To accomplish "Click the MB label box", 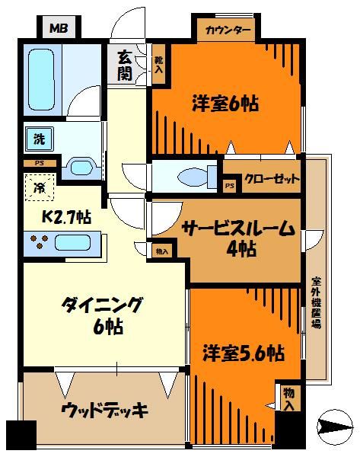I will click(58, 29).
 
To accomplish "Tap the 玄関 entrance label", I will click(123, 66).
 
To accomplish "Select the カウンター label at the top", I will click(228, 31).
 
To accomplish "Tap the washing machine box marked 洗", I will click(37, 139).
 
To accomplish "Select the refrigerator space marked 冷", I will click(38, 186).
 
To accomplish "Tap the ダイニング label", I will click(103, 305).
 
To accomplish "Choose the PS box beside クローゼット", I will click(229, 185).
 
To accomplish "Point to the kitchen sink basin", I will click(72, 243).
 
